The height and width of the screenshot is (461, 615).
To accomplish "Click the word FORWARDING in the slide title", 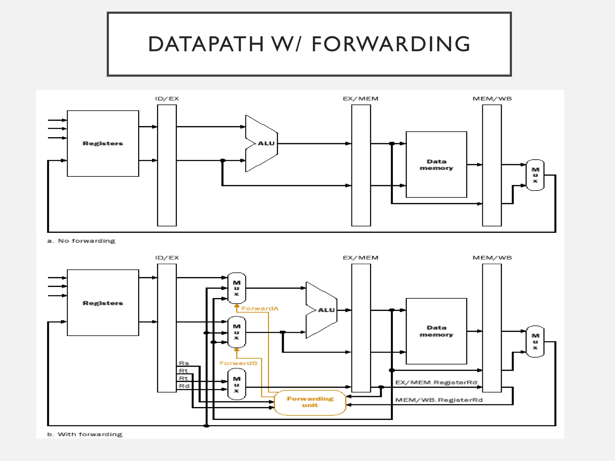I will (391, 44).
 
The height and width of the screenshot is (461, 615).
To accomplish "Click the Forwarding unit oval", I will (310, 402).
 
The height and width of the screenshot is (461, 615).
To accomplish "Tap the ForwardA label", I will (260, 309).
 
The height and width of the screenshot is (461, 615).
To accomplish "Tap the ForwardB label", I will (238, 363).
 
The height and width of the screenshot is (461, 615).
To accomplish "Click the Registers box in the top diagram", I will (103, 143).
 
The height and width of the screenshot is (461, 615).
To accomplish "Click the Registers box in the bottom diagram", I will (103, 303).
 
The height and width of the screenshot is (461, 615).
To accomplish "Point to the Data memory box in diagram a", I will (436, 164).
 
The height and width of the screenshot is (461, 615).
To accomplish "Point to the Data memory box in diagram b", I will (436, 331).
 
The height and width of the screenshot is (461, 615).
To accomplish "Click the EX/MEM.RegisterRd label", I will (436, 382).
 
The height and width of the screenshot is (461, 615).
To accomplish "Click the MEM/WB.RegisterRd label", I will (439, 400).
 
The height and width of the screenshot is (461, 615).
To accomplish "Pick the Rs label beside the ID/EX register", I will (184, 363).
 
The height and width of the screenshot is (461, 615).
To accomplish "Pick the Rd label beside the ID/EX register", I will (184, 386).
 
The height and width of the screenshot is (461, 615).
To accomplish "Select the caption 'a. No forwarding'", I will (81, 241).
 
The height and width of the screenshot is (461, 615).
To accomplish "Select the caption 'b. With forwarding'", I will (85, 434).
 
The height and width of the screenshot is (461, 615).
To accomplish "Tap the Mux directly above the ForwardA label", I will (237, 288).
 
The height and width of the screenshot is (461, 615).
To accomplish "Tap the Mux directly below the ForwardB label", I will (237, 384).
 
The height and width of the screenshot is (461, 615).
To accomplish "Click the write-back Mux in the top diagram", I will (535, 175).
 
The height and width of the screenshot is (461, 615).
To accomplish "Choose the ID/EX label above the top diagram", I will (167, 99).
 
